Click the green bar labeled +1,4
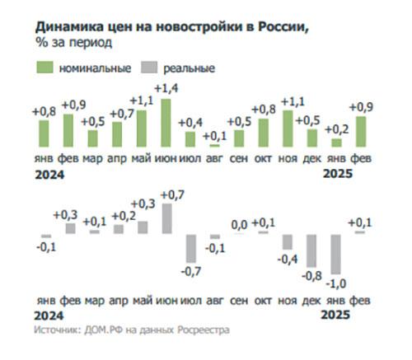pyautogui.click(x=166, y=123)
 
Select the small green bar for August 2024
pyautogui.click(x=214, y=146)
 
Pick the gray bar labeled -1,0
pyautogui.click(x=335, y=255)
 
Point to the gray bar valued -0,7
pyautogui.click(x=190, y=248)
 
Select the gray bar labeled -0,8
pyautogui.click(x=311, y=250)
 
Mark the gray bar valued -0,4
pyautogui.click(x=288, y=241)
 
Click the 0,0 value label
pyautogui.click(x=240, y=224)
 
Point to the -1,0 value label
pyautogui.click(x=335, y=284)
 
